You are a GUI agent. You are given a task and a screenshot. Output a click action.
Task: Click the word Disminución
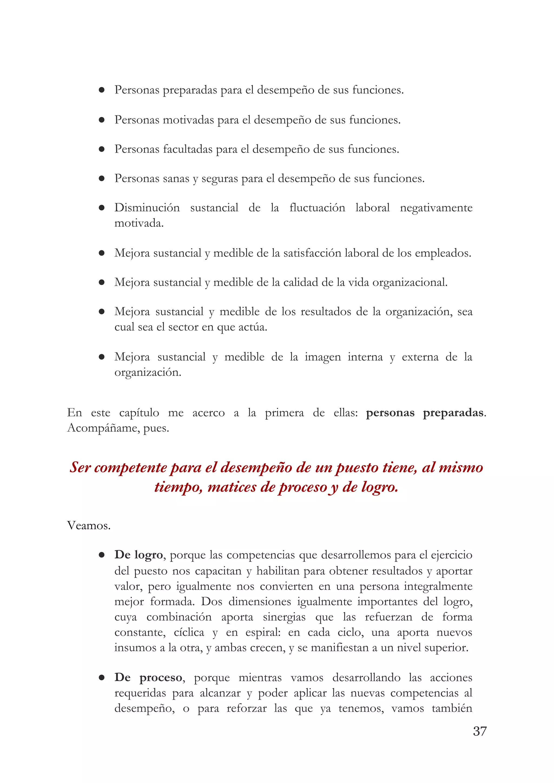click(x=147, y=208)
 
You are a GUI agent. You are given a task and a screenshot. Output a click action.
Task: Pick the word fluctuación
click(x=317, y=208)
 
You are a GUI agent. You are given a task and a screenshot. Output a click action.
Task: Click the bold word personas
click(x=390, y=413)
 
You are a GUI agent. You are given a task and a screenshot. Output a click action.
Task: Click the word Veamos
click(x=89, y=525)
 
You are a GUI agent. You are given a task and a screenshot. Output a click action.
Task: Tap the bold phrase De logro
click(x=138, y=555)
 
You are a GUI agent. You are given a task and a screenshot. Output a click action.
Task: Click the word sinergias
click(x=284, y=617)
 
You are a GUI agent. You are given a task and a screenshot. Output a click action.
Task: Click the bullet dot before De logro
click(x=101, y=555)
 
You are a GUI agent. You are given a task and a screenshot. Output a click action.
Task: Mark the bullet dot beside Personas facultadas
click(x=101, y=149)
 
